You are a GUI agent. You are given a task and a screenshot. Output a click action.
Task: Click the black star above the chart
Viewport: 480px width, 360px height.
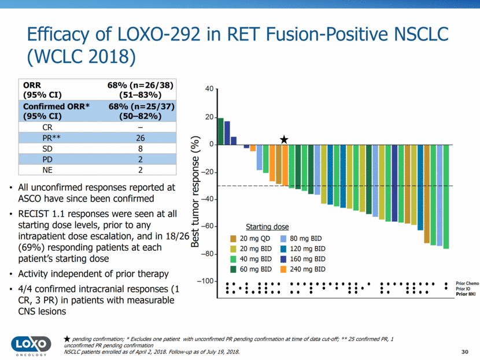(x=284, y=140)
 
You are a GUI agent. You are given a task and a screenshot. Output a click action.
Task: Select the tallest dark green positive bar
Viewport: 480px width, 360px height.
(x=220, y=131)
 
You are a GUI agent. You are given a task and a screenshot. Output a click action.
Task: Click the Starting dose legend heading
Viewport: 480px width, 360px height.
(x=267, y=227)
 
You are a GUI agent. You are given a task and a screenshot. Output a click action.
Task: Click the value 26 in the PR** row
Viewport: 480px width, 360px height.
(x=141, y=138)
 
